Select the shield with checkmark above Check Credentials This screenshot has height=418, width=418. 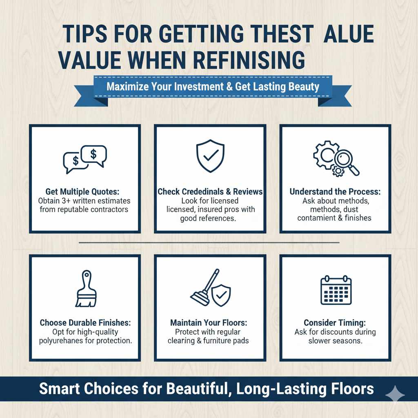[x=210, y=156]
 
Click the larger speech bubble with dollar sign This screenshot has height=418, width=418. [x=93, y=154]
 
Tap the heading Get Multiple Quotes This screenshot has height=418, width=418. [x=85, y=191]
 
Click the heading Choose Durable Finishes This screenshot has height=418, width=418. [x=85, y=322]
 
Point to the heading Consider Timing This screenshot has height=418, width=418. [x=335, y=322]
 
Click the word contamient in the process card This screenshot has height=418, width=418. [x=320, y=218]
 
